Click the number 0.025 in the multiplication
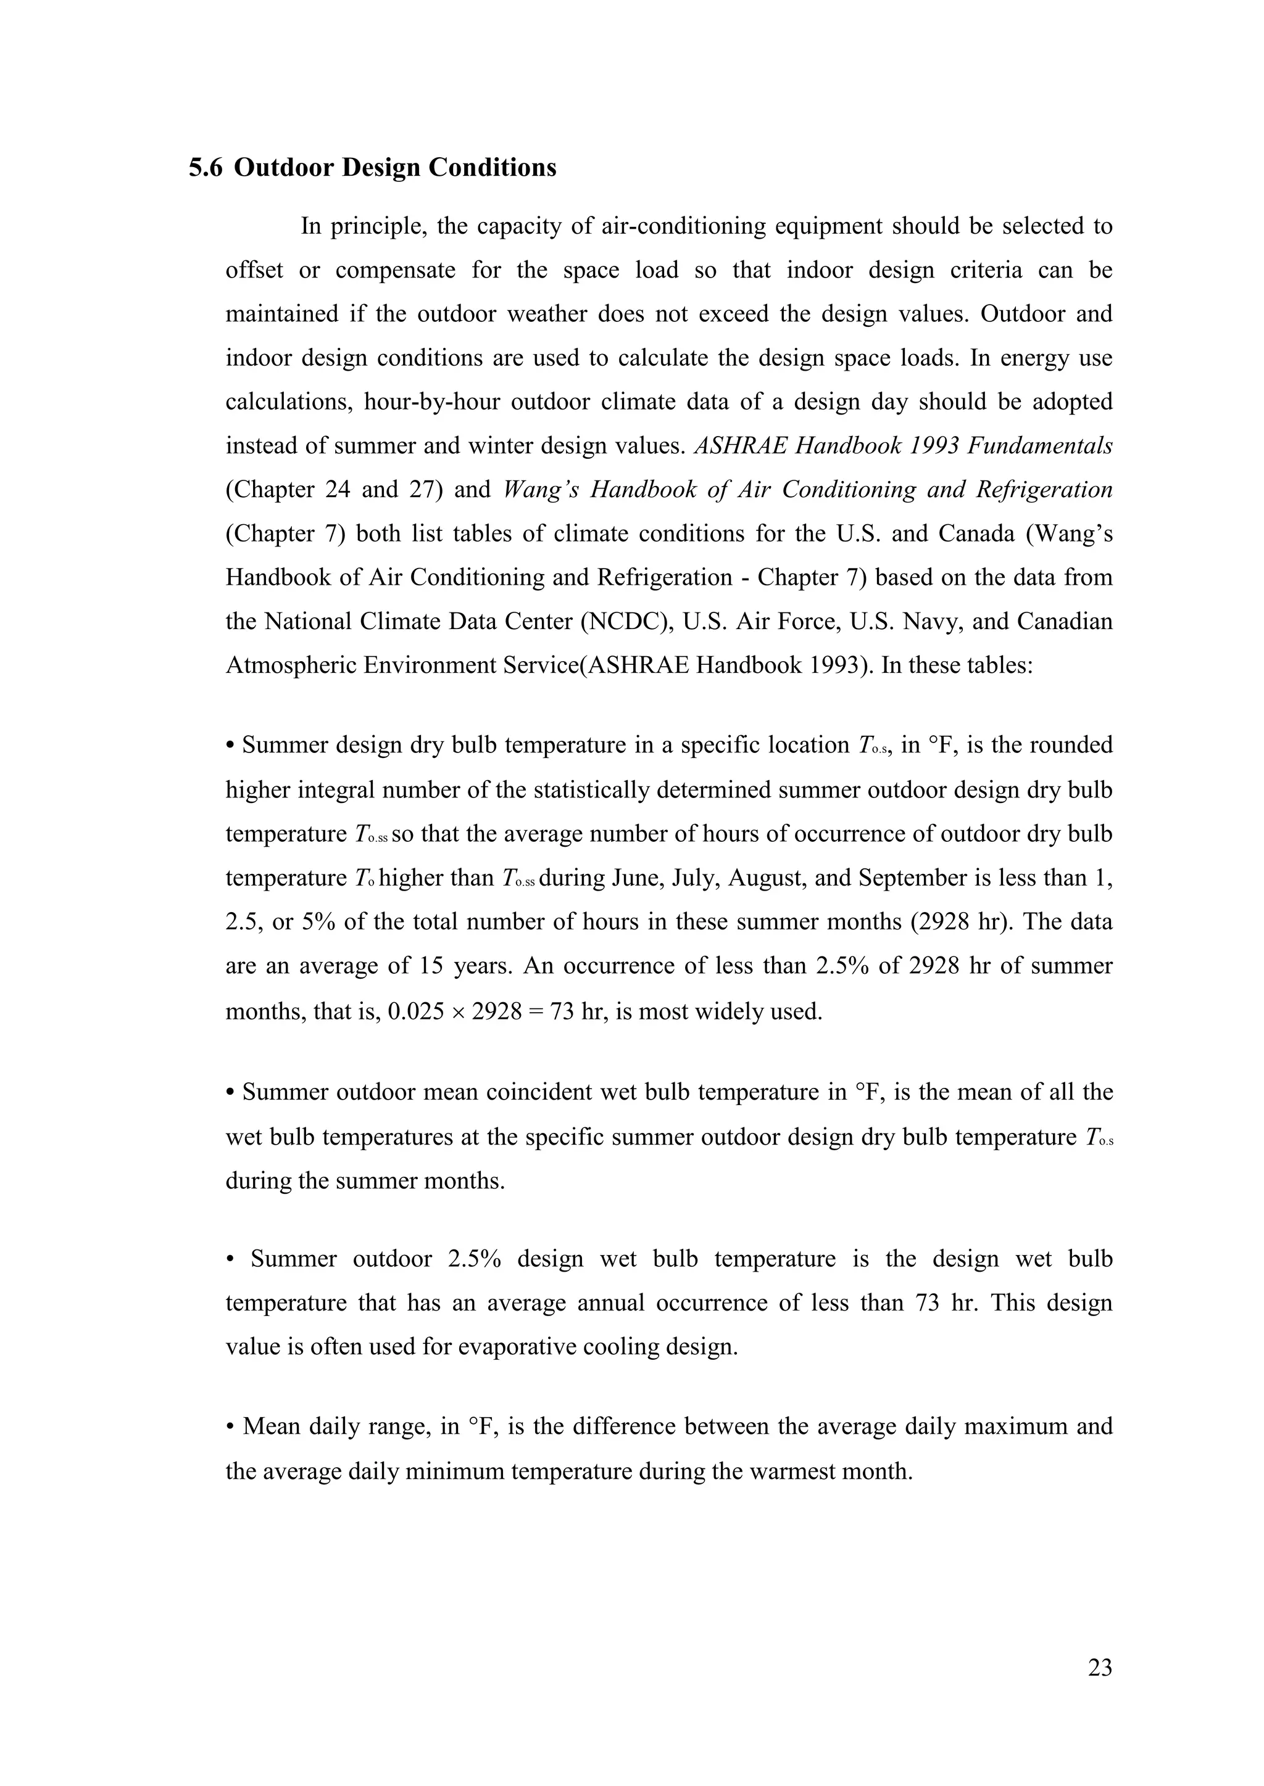[417, 1012]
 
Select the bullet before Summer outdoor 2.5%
[230, 1259]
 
